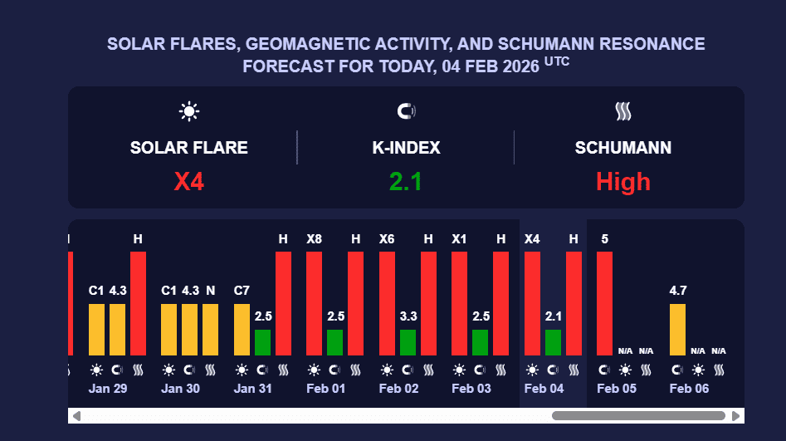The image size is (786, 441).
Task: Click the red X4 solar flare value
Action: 188,182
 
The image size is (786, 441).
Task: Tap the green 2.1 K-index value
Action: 406,182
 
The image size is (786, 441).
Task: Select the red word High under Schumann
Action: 622,182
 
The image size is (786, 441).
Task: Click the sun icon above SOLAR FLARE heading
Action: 189,111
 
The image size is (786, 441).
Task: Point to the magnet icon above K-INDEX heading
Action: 406,111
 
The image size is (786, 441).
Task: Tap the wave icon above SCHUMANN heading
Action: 623,111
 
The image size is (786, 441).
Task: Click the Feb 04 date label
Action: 544,389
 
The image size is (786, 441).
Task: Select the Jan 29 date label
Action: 108,389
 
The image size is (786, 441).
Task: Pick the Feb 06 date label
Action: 689,389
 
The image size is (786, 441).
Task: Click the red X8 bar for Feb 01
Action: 315,303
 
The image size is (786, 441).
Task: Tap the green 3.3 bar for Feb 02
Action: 408,342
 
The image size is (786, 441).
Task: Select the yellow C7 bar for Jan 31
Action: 242,330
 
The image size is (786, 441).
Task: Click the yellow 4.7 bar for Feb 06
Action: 677,330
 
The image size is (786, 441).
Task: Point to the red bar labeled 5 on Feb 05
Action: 605,303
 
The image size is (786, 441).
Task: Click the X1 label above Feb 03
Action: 460,239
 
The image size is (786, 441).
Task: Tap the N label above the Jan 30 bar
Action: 211,291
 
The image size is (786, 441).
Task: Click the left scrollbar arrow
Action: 76,416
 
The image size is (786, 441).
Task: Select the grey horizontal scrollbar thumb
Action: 638,416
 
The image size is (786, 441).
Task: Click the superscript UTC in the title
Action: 557,61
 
